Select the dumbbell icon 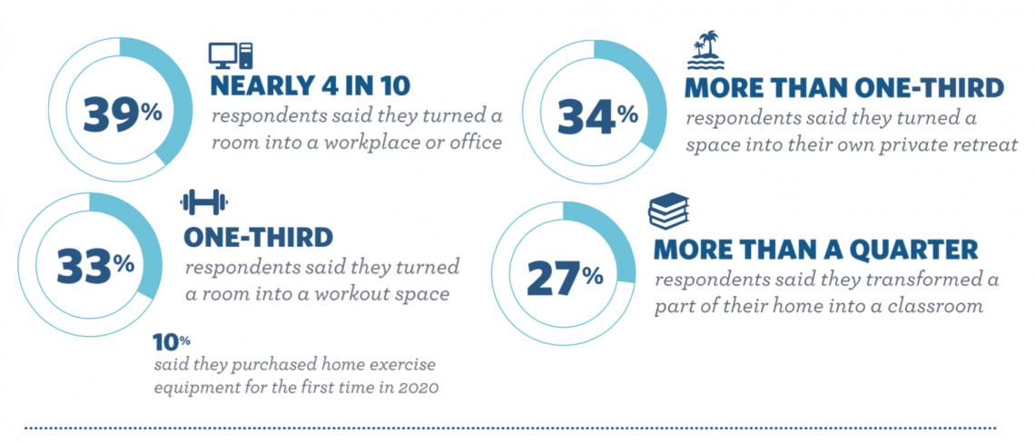[x=204, y=202]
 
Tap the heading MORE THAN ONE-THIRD [x=843, y=88]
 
